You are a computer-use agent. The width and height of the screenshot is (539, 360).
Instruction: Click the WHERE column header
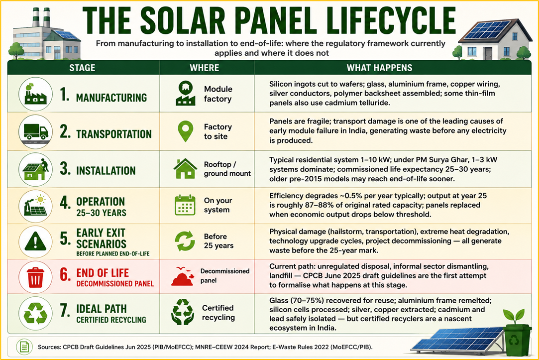pyautogui.click(x=205, y=68)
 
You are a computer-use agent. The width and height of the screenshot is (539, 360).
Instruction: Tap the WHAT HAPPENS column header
pyautogui.click(x=380, y=68)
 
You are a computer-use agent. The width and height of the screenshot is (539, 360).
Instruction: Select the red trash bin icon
pyautogui.click(x=35, y=277)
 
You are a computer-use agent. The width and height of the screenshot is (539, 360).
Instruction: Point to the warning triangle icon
pyautogui.click(x=35, y=241)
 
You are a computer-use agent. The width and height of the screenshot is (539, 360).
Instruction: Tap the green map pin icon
pyautogui.click(x=185, y=131)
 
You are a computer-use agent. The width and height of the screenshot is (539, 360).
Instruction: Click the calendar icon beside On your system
pyautogui.click(x=185, y=205)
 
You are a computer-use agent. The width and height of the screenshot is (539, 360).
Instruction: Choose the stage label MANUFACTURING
pyautogui.click(x=111, y=98)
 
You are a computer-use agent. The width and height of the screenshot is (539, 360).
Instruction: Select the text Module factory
pyautogui.click(x=218, y=94)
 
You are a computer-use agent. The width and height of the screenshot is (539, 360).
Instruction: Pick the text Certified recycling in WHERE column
pyautogui.click(x=218, y=313)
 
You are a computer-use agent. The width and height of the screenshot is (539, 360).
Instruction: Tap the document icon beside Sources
pyautogui.click(x=24, y=347)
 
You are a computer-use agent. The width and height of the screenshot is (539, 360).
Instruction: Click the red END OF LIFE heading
pyautogui.click(x=103, y=273)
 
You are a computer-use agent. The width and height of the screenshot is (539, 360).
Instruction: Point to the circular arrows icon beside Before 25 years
pyautogui.click(x=185, y=241)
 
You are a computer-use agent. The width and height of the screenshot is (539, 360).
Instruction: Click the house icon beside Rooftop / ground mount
pyautogui.click(x=185, y=168)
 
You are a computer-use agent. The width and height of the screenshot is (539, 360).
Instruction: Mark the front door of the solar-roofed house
pyautogui.click(x=488, y=53)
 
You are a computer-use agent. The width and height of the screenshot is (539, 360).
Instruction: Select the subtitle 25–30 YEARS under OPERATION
pyautogui.click(x=101, y=213)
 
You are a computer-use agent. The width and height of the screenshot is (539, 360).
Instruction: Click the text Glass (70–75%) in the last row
pyautogui.click(x=297, y=300)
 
